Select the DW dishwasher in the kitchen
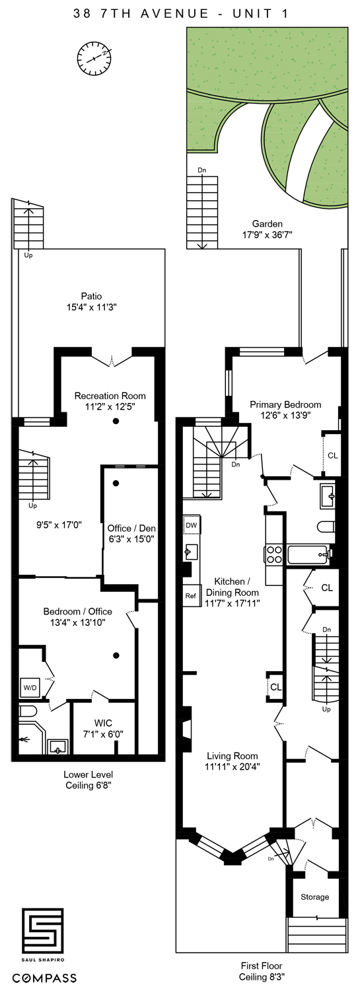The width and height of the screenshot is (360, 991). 192,525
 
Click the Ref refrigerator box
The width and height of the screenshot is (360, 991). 191,595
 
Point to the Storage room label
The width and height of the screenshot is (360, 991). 314,897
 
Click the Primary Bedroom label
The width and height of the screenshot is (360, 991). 285,404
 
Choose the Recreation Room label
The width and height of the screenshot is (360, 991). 110,396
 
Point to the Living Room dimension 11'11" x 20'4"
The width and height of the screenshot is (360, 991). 232,766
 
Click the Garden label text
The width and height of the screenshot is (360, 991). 267,223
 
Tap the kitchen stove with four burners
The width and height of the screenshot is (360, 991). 274,554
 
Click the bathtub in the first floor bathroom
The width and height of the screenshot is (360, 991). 307,554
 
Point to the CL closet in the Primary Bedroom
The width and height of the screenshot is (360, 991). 332,455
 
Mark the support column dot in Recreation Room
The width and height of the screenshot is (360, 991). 116,421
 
